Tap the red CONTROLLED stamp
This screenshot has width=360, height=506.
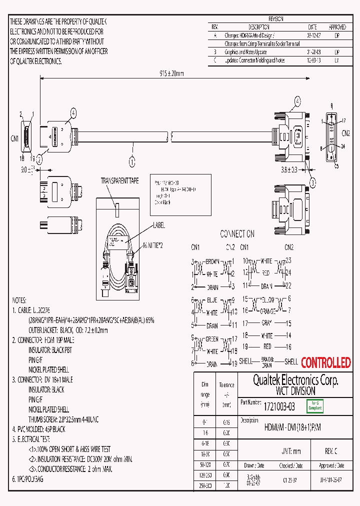[x=325, y=362]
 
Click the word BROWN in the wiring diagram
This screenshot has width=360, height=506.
[x=212, y=261]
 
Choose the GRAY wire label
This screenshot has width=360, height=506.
[x=267, y=323]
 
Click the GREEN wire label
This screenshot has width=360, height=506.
[x=212, y=338]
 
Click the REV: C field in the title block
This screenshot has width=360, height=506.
[x=331, y=451]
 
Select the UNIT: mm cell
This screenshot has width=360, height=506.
[x=291, y=451]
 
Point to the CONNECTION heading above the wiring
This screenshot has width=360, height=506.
[x=237, y=233]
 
